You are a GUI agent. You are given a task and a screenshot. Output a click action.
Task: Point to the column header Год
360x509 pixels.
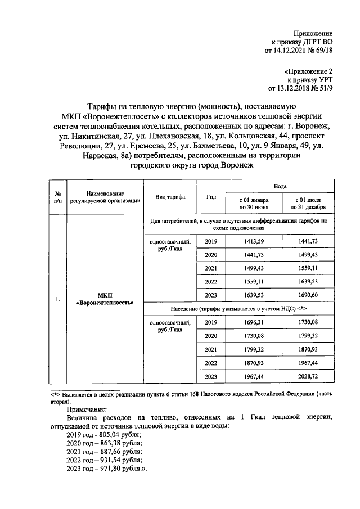tap(211, 197)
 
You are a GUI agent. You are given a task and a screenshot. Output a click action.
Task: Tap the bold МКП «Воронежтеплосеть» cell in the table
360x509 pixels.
tap(104, 298)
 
